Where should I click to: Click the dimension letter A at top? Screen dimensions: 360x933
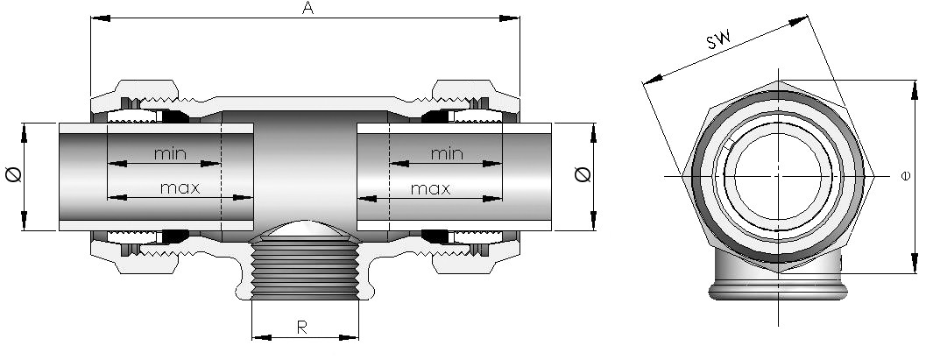(307, 9)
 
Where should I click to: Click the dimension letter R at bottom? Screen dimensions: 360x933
(301, 328)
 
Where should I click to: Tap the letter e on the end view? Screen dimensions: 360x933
(906, 176)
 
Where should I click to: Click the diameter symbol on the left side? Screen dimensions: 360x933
(12, 176)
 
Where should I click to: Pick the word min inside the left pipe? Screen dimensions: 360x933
(171, 154)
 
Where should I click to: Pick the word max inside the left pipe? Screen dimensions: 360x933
(180, 187)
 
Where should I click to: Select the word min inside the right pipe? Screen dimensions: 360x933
(446, 154)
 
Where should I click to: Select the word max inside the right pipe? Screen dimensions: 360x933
(430, 187)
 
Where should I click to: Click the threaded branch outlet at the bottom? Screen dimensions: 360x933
(304, 272)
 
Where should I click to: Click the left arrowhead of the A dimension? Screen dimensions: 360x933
(97, 17)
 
